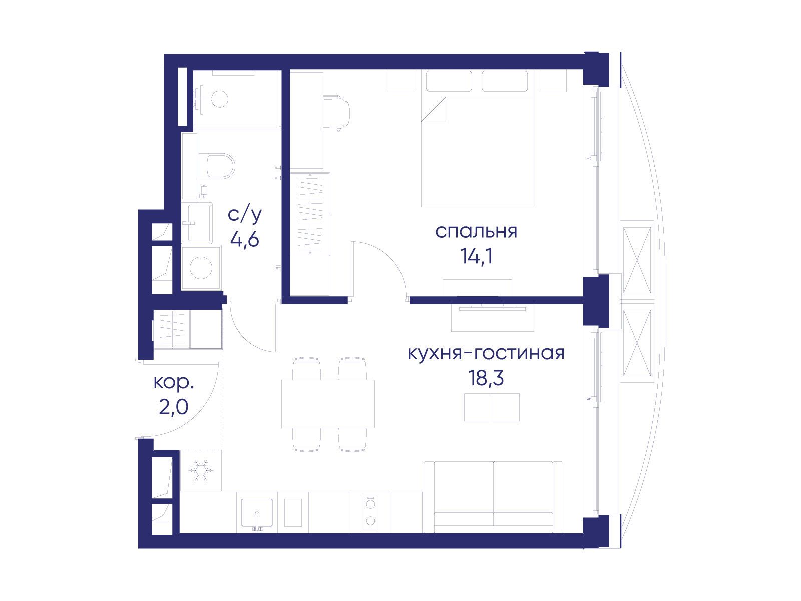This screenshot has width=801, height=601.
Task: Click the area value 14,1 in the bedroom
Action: click(477, 257)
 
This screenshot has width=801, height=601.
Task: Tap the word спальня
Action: click(476, 232)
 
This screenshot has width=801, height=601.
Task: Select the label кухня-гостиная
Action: click(486, 353)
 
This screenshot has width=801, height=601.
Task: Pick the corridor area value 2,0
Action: click(174, 407)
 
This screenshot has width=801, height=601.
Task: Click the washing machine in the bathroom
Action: click(201, 268)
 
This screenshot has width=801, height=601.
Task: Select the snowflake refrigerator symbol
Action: click(201, 470)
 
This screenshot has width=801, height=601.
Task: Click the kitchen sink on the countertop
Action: click(257, 513)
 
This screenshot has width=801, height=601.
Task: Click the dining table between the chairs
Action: click(328, 404)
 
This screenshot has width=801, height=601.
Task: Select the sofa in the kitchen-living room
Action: click(494, 497)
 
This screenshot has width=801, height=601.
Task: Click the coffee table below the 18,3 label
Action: click(492, 407)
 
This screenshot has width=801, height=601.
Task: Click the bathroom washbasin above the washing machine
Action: click(199, 223)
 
